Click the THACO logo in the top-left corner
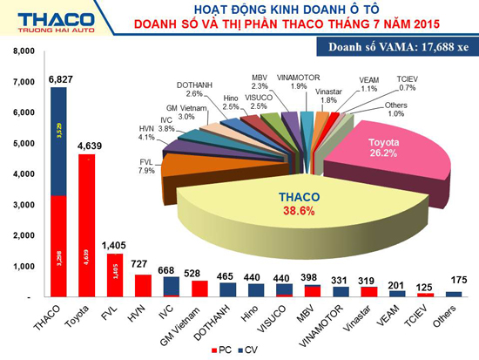pos(48,20)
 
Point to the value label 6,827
pos(60,80)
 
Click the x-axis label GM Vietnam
pos(192,320)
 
